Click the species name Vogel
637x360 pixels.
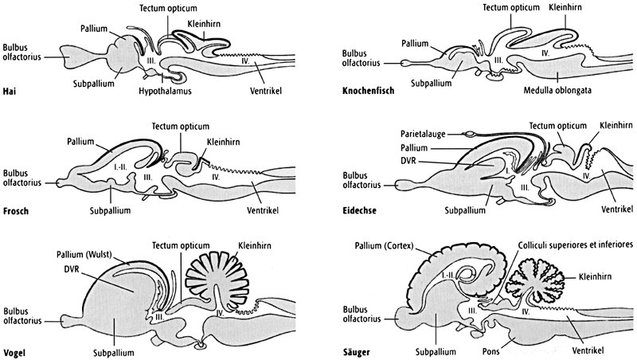(x=16, y=350)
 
